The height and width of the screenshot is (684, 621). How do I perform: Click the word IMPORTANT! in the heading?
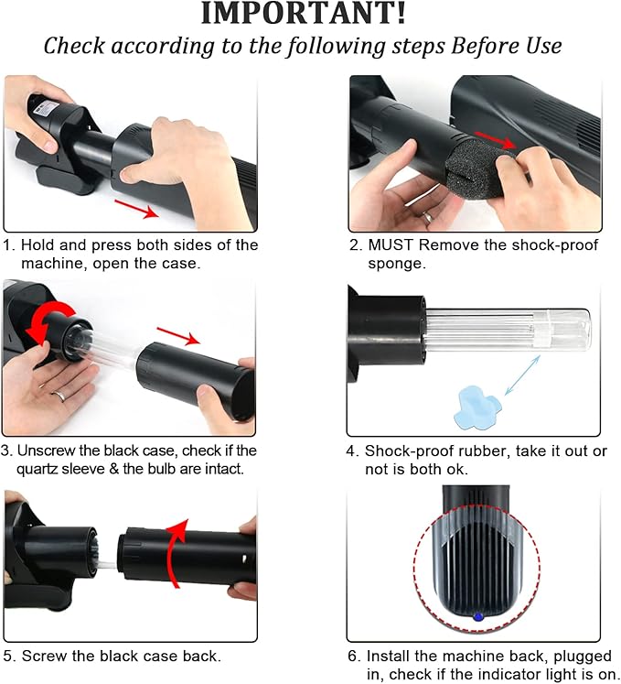coord(304,13)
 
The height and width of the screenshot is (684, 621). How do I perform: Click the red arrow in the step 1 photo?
coord(136,209)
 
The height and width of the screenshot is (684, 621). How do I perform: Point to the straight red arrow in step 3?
coord(178,336)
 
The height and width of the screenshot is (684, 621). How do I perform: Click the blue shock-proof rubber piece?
coord(477,406)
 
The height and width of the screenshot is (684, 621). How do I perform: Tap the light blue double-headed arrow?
coord(522,375)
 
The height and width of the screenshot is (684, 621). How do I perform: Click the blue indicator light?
coord(477,617)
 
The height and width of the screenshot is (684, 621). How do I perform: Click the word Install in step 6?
coord(388,656)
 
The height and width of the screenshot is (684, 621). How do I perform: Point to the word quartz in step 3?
coord(37,470)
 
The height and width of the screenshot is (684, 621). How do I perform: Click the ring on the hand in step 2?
coord(428,217)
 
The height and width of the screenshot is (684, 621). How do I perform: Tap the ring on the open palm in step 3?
coord(60,396)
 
